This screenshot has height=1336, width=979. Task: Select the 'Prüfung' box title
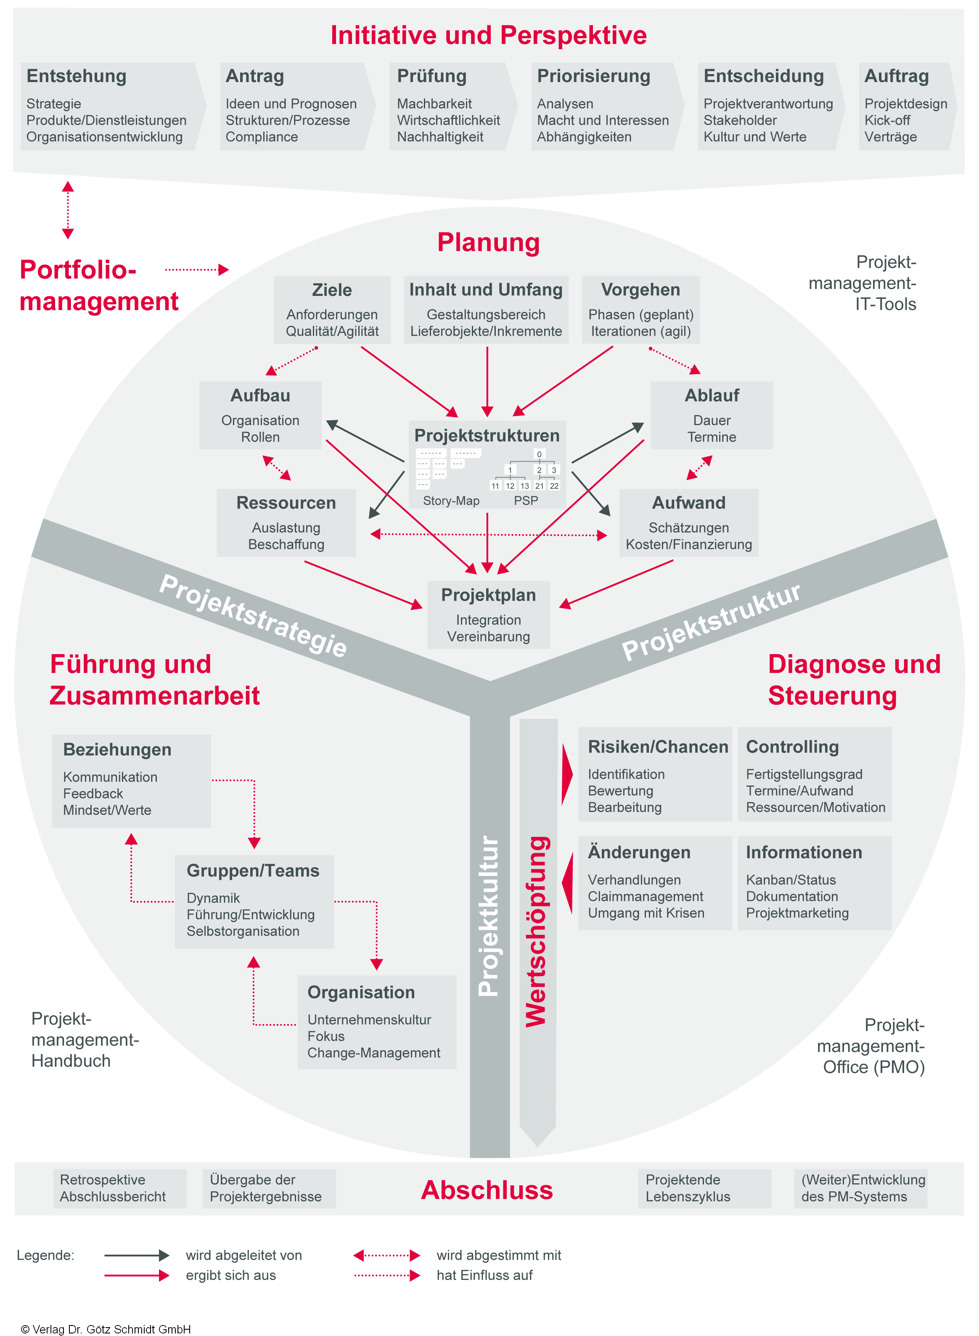click(431, 77)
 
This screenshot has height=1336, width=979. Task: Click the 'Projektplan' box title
click(488, 595)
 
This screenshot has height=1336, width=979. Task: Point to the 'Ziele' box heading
click(332, 290)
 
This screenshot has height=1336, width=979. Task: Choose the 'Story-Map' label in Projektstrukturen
click(451, 500)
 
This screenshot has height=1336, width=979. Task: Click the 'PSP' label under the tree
click(526, 500)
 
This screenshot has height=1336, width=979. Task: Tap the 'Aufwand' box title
click(688, 503)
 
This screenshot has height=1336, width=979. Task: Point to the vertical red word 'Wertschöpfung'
click(537, 931)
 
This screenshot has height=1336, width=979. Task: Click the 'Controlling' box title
click(792, 747)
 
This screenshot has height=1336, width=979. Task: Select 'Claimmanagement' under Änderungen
click(646, 897)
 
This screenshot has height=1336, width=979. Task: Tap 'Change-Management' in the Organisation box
click(373, 1053)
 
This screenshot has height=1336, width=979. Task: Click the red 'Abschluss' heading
click(487, 1190)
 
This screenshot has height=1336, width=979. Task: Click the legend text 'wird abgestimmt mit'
click(499, 1255)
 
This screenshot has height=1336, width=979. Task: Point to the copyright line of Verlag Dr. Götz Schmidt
click(106, 1330)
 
